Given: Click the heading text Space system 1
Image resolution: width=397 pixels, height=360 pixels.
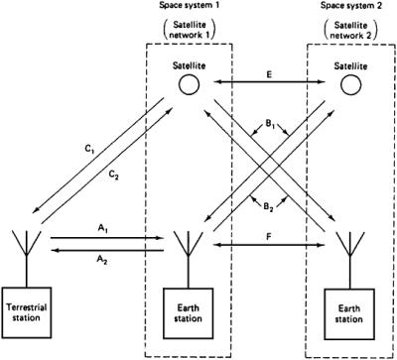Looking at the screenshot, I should tap(190, 7).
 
